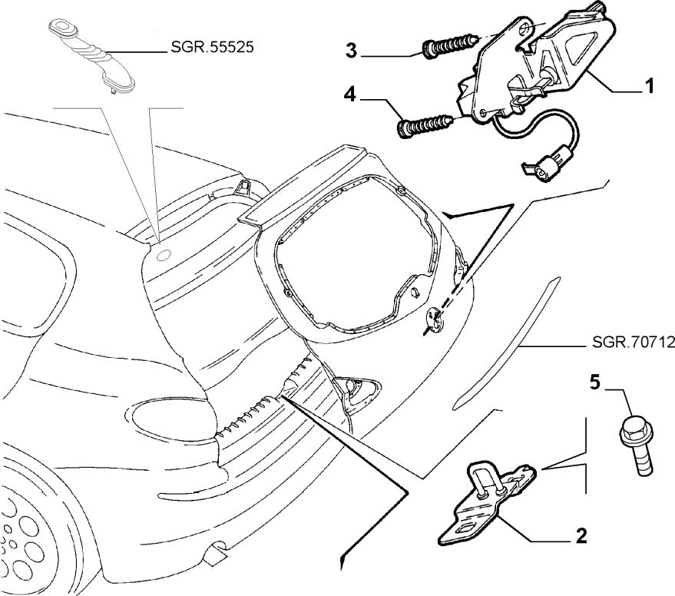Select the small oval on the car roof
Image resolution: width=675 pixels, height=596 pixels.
click(x=162, y=255)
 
